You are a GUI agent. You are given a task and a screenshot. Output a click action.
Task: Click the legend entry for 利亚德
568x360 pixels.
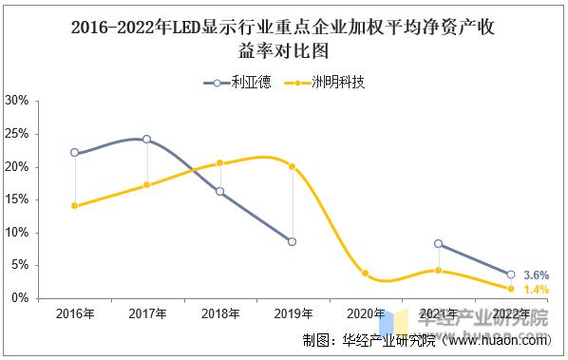click(x=237, y=82)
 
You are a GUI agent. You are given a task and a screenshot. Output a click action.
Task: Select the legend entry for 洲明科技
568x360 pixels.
click(x=328, y=82)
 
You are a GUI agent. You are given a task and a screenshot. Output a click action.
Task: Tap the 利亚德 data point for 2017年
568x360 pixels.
click(x=146, y=139)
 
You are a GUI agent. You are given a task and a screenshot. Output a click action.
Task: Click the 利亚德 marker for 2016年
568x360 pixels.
click(x=74, y=152)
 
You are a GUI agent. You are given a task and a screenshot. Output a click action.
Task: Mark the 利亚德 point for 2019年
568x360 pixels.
click(x=292, y=241)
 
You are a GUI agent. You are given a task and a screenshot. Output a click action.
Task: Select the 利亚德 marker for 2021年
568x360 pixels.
click(x=438, y=243)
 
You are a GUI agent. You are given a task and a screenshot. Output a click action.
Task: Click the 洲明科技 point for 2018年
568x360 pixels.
click(x=219, y=162)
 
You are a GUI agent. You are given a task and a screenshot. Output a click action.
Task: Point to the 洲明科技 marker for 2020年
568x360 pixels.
click(x=365, y=273)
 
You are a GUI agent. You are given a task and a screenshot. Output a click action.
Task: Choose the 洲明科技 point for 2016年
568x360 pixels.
click(x=74, y=205)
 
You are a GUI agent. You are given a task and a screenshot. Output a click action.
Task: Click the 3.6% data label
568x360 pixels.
click(x=536, y=275)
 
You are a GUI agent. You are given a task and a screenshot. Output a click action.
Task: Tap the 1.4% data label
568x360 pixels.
click(x=536, y=289)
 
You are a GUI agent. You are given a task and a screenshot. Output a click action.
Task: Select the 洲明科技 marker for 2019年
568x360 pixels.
click(x=292, y=166)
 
